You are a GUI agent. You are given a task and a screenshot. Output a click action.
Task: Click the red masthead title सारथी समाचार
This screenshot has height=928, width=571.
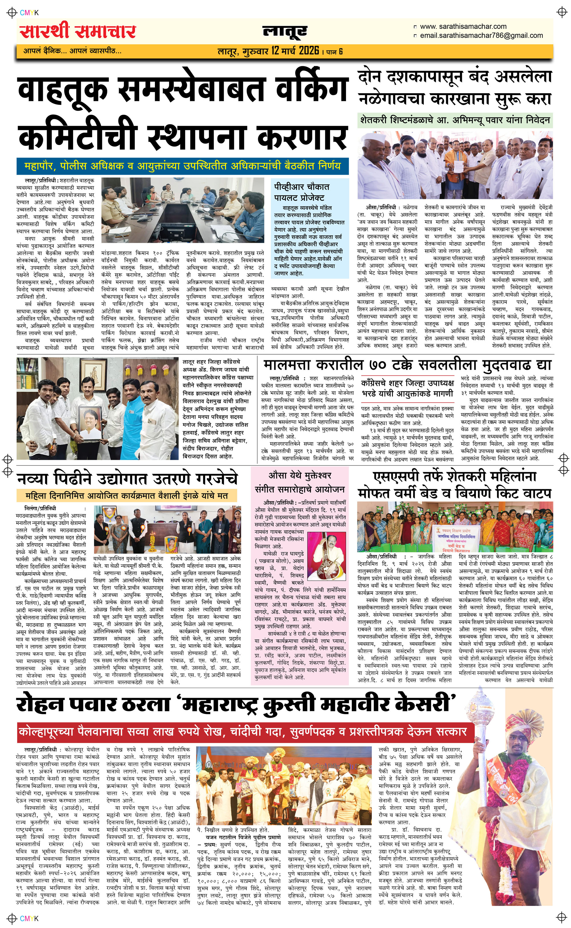coord(77,32)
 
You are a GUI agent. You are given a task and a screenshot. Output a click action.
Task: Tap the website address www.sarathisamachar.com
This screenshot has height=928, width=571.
coord(463,27)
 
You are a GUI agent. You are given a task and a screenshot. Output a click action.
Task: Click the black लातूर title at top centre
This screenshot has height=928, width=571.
coord(285,32)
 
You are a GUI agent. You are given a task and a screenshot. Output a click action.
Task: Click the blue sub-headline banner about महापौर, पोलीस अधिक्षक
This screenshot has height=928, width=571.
coord(182,166)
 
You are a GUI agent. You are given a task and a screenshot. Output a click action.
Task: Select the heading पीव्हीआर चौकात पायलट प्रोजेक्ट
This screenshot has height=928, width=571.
coord(302,192)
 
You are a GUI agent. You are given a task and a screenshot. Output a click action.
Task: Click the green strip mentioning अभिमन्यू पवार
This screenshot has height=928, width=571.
coord(455,120)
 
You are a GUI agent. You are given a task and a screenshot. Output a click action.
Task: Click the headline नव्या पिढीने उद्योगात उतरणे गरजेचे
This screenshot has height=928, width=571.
coord(128,478)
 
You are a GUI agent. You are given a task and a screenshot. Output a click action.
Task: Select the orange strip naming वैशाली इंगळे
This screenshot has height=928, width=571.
coord(127,495)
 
